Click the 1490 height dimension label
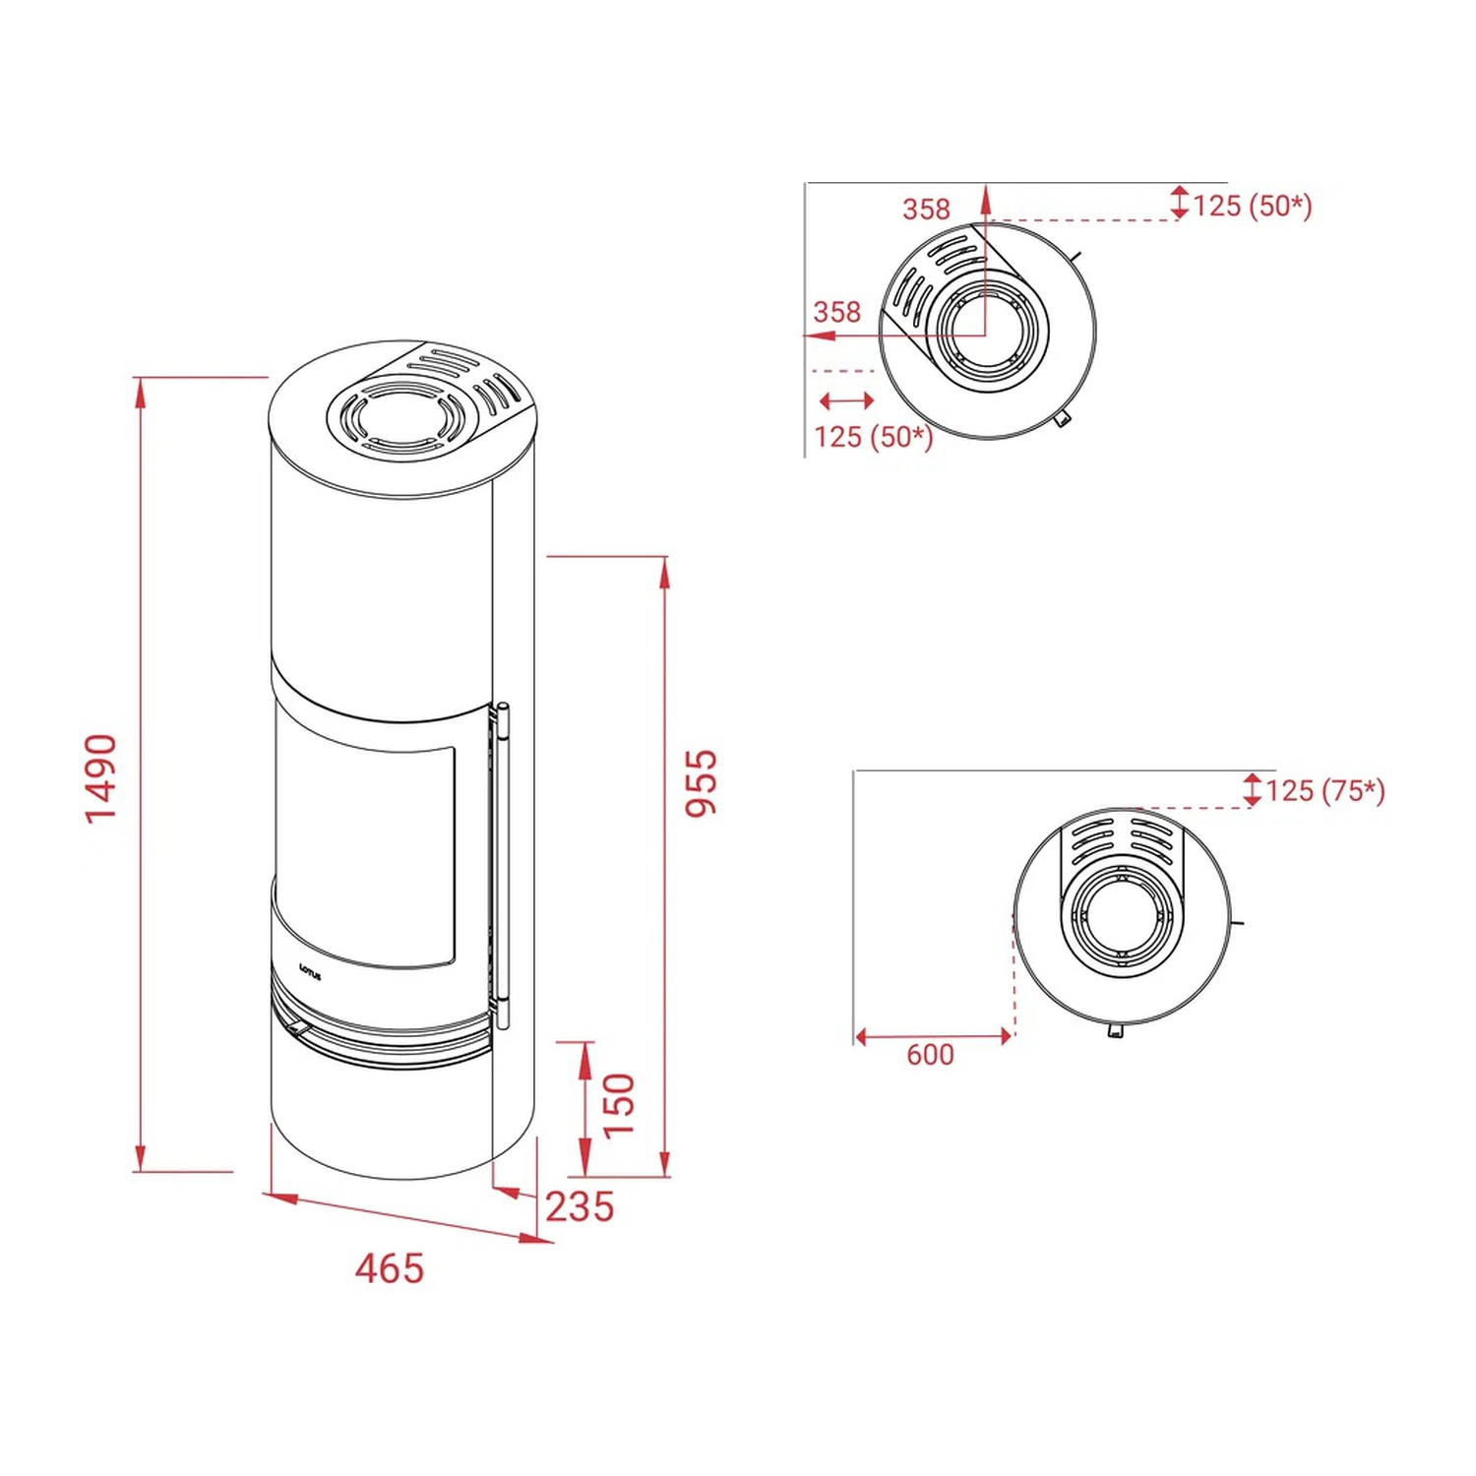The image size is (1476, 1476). (101, 777)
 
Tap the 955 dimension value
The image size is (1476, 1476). (702, 783)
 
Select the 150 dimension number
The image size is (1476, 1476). (619, 1105)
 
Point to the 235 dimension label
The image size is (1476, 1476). (580, 1206)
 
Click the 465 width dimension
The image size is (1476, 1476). (390, 1268)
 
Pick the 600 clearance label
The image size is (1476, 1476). (930, 1055)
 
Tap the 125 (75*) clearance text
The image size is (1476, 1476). (1324, 790)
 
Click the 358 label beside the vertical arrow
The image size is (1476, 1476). (927, 209)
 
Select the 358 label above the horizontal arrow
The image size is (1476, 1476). (837, 312)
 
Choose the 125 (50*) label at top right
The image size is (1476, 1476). (1253, 206)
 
